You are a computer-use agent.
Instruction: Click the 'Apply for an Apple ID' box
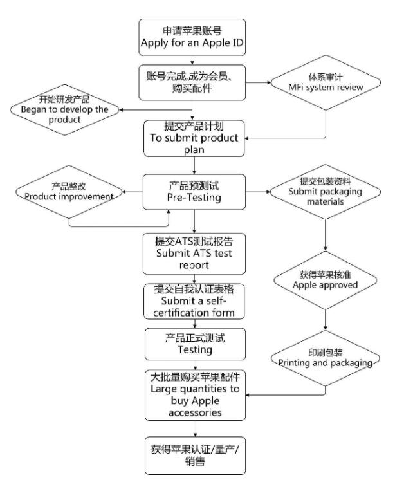pyautogui.click(x=192, y=37)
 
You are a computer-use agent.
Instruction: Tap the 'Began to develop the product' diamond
pyautogui.click(x=61, y=110)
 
